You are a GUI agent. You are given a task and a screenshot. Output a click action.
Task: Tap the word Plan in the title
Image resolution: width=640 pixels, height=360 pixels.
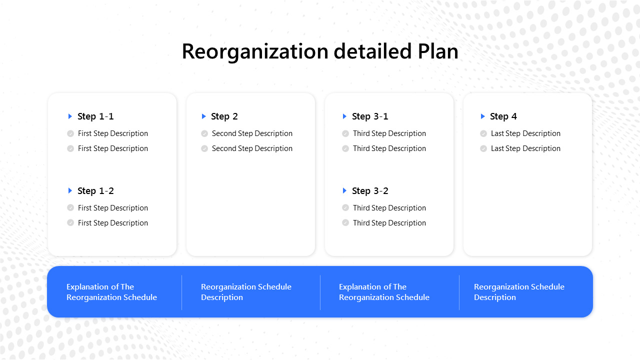pyautogui.click(x=436, y=51)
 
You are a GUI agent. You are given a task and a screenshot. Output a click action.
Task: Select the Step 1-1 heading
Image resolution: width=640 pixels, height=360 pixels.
pyautogui.click(x=95, y=116)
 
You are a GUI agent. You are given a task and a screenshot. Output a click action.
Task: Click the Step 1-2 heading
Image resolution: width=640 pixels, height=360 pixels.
pyautogui.click(x=95, y=191)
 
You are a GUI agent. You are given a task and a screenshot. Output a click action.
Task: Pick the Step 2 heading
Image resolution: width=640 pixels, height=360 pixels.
pyautogui.click(x=224, y=116)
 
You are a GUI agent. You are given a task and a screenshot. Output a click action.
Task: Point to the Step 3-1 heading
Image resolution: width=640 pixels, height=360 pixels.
pyautogui.click(x=370, y=116)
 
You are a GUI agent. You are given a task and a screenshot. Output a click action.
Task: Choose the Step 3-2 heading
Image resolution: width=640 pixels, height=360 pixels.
pyautogui.click(x=370, y=191)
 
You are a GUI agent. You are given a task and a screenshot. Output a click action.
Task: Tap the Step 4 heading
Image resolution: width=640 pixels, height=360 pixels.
pyautogui.click(x=503, y=116)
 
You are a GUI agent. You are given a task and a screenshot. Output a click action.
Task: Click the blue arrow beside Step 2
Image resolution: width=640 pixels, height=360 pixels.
pyautogui.click(x=203, y=116)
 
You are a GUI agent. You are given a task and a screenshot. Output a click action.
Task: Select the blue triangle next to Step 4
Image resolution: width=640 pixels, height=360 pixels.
pyautogui.click(x=483, y=116)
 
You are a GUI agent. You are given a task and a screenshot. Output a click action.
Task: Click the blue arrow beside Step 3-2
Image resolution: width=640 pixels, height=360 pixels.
pyautogui.click(x=344, y=190)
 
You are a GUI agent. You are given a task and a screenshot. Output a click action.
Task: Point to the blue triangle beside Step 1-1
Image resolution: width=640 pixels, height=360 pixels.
pyautogui.click(x=70, y=116)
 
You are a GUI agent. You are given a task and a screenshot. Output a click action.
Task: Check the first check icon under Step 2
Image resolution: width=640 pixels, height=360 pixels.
pyautogui.click(x=204, y=133)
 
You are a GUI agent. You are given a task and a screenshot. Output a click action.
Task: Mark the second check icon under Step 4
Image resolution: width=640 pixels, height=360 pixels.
pyautogui.click(x=483, y=148)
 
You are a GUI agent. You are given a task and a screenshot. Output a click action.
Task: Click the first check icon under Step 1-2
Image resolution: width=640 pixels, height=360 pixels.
pyautogui.click(x=70, y=207)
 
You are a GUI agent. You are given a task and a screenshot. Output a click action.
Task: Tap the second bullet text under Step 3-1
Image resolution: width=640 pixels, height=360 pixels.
pyautogui.click(x=389, y=148)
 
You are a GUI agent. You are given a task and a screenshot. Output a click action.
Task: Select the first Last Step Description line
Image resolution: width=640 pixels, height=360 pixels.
pyautogui.click(x=525, y=133)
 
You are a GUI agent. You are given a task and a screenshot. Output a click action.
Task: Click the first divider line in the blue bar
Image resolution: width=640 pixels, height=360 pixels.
pyautogui.click(x=181, y=292)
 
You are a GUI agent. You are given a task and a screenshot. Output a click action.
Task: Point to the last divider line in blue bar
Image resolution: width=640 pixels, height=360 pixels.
pyautogui.click(x=459, y=292)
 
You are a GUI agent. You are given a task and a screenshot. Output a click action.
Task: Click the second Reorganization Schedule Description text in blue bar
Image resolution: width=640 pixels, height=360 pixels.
pyautogui.click(x=519, y=292)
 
